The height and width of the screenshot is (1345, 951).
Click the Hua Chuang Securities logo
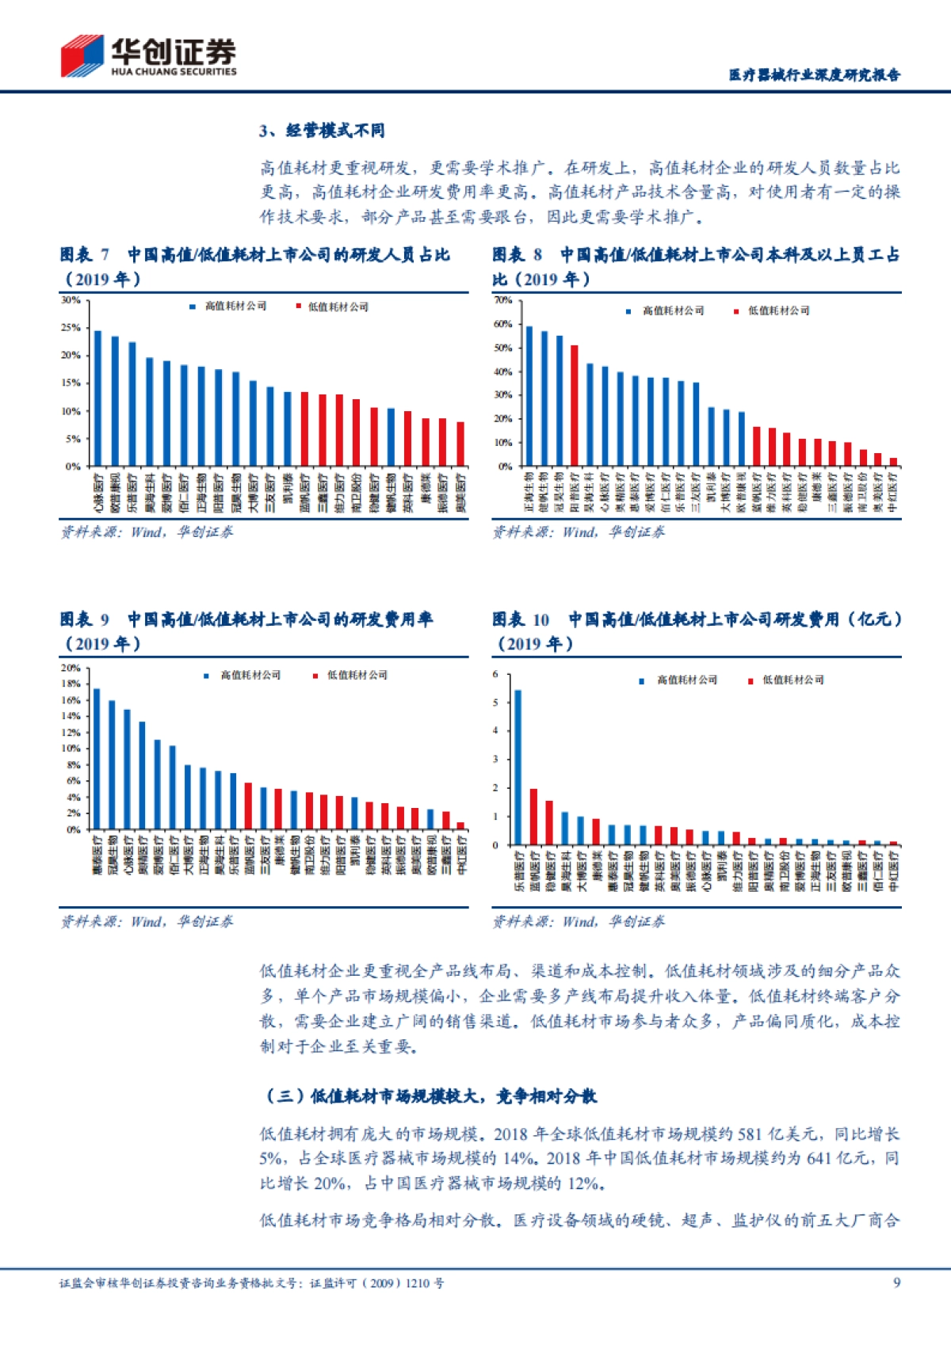148,56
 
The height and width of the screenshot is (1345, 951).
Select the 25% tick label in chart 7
71,327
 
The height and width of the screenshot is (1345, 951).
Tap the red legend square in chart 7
299,307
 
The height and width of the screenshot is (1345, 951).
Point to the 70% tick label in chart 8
502,300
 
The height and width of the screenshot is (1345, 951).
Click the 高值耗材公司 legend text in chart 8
673,311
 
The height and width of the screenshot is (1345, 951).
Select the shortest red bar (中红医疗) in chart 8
893,462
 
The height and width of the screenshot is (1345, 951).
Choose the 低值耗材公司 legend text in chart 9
357,675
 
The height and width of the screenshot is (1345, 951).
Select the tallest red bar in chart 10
533,817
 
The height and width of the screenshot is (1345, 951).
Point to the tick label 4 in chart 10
495,730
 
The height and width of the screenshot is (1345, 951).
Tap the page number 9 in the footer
896,1282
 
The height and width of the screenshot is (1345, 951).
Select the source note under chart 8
578,532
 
